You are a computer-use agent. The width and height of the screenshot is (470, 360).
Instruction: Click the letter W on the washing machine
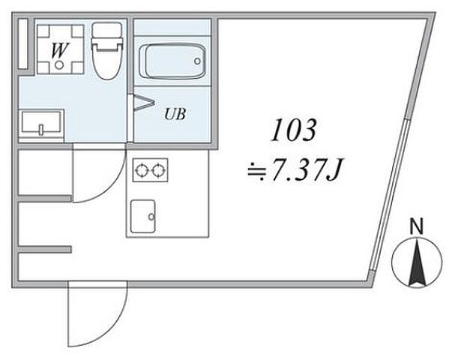(60, 50)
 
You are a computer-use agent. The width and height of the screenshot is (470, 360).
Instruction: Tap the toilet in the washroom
(107, 51)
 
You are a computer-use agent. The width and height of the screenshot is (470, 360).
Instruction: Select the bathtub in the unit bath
(174, 61)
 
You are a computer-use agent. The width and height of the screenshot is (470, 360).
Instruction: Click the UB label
(175, 114)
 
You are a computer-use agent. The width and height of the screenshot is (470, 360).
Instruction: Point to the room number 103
(294, 130)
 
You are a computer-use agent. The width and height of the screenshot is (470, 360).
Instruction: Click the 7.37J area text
(307, 169)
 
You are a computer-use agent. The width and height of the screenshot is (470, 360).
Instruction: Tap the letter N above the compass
(417, 226)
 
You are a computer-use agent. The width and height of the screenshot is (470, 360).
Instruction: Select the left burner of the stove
(141, 171)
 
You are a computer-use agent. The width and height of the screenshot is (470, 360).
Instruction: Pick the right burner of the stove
(158, 171)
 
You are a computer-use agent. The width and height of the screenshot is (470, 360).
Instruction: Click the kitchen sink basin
(143, 216)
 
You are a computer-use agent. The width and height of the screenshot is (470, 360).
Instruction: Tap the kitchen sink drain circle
(151, 216)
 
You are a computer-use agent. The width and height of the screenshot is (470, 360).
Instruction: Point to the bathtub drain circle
(197, 61)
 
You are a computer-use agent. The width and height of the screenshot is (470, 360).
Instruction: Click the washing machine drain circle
(59, 64)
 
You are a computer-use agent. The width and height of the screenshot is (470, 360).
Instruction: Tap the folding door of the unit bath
(141, 103)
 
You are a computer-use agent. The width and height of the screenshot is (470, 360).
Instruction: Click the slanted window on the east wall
(389, 195)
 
